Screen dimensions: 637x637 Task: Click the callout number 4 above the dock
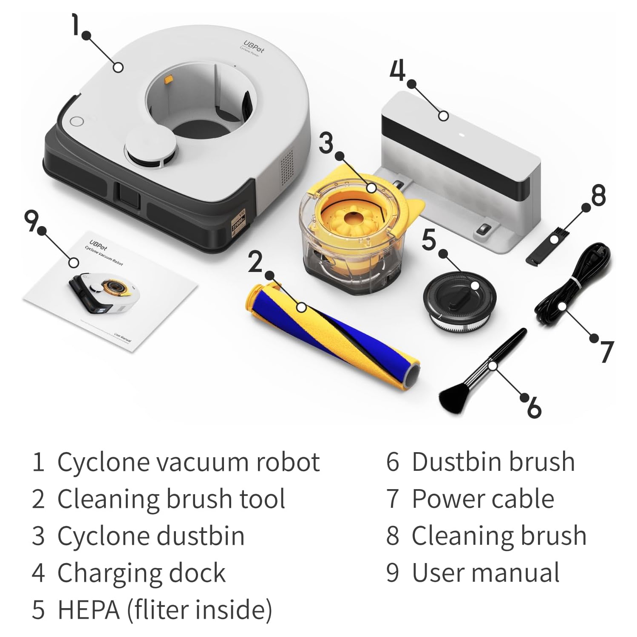tap(398, 71)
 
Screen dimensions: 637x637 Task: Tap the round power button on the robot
tap(76, 121)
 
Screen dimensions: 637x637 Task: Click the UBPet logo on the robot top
tap(254, 47)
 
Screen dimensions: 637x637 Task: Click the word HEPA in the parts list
tap(88, 609)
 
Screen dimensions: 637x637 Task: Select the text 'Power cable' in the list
tap(483, 498)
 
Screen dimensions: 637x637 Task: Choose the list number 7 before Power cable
tap(392, 499)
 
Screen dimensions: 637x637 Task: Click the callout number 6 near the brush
tap(534, 407)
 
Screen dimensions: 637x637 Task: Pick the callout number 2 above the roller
tap(255, 262)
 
